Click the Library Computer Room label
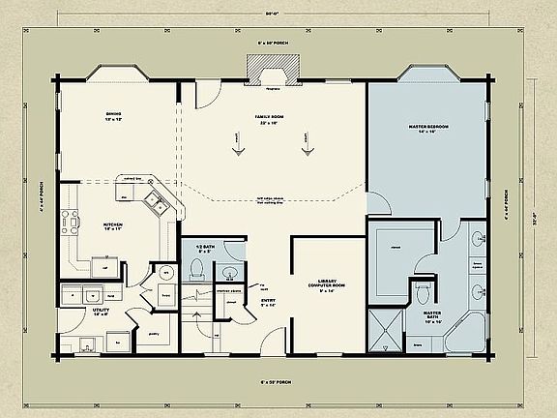(x=330, y=289)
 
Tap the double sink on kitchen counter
(x=154, y=202)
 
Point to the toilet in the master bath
(x=421, y=291)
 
